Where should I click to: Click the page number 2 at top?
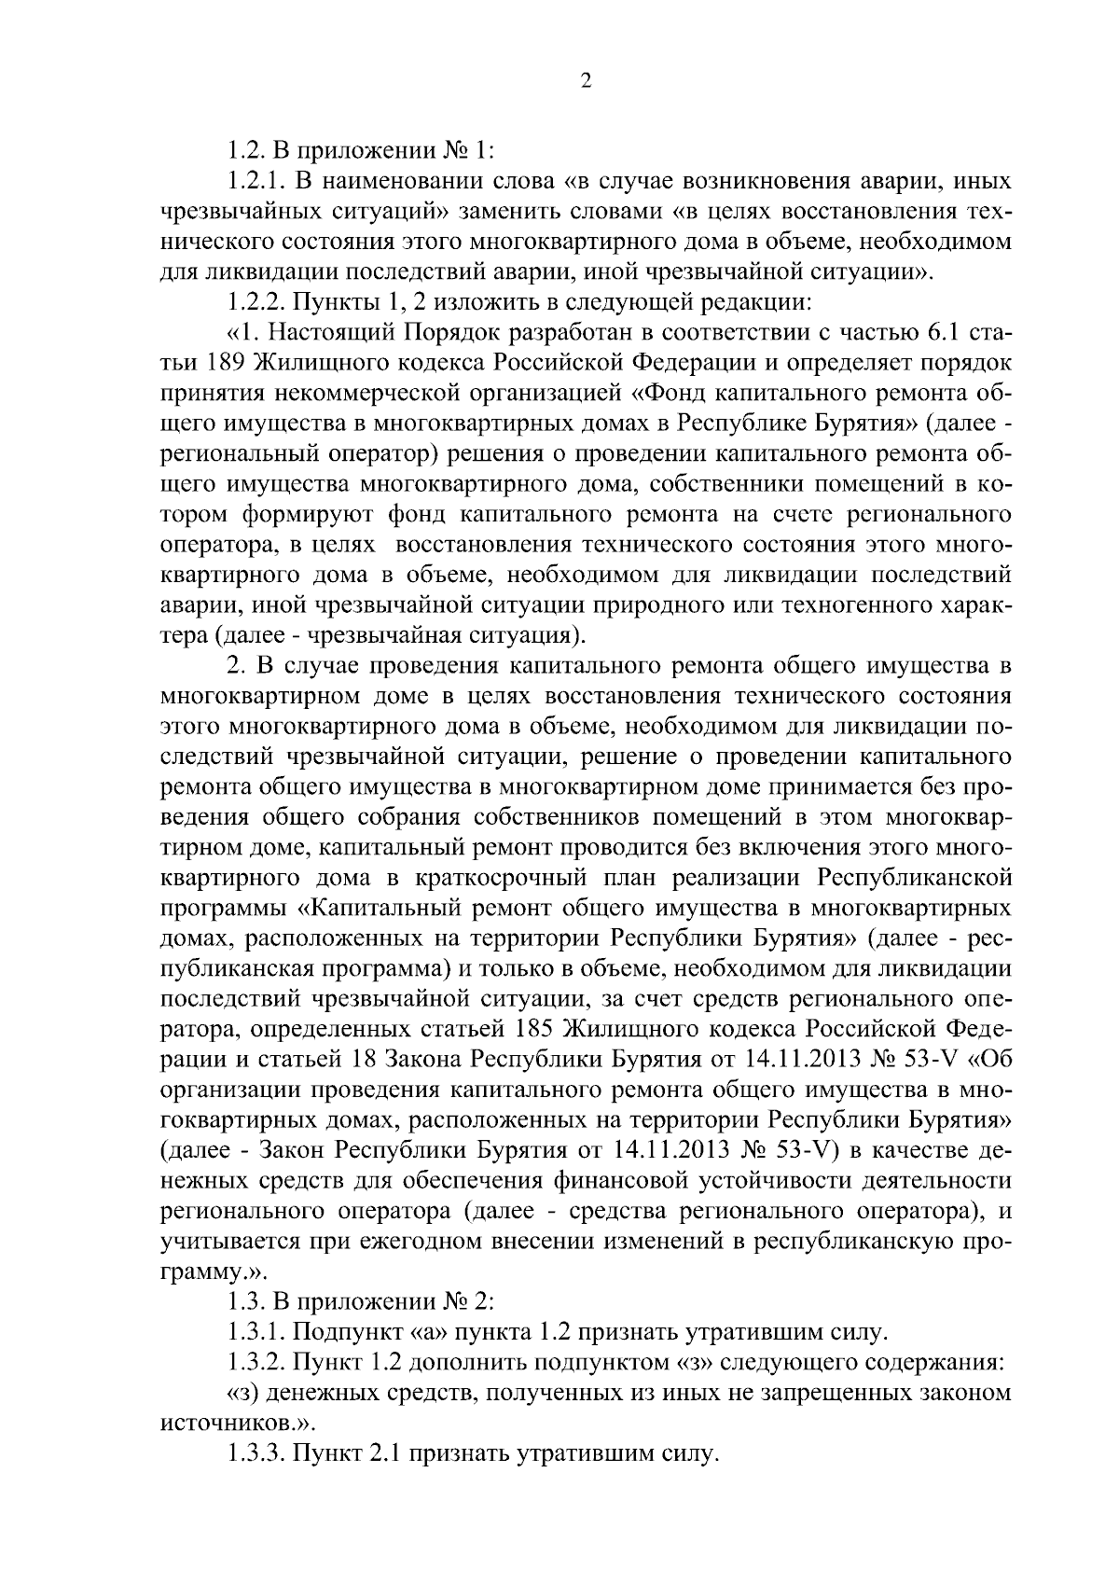[586, 82]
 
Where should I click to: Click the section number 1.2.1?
[256, 178]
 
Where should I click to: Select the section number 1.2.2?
[256, 302]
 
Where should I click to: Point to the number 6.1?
[946, 333]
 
